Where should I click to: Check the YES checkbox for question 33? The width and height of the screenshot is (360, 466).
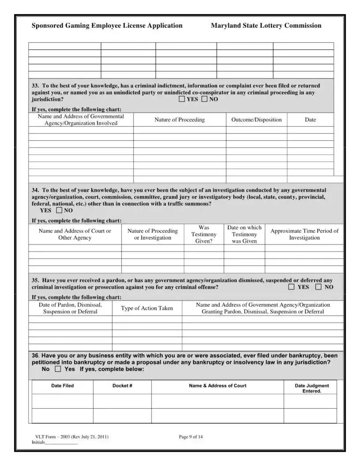coord(182,99)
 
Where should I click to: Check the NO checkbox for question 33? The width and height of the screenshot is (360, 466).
coord(204,99)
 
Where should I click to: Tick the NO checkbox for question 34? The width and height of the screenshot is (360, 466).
coord(60,210)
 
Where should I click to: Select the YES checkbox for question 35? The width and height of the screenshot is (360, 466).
coord(292,287)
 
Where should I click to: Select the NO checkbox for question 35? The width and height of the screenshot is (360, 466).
coord(319,287)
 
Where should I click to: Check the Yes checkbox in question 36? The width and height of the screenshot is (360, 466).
coord(58,369)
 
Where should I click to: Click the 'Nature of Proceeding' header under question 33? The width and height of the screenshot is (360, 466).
coord(180,120)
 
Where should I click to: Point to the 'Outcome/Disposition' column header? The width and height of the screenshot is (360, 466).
coord(256,120)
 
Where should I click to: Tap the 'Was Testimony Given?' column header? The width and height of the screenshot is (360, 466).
coord(204,234)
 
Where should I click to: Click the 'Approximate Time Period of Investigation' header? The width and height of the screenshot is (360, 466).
coord(304,234)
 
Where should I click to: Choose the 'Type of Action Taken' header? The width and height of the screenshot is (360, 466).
coord(147,308)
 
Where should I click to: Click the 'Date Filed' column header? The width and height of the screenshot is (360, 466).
coord(63,386)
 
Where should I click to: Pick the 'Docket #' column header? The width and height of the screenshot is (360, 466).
coord(122,386)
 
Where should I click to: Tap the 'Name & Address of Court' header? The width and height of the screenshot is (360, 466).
coord(217,386)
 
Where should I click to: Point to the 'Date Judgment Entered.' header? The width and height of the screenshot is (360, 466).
coord(312,388)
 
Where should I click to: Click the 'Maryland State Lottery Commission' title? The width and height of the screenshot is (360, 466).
coord(266,26)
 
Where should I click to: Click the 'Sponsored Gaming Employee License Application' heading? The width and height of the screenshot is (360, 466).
coord(107,26)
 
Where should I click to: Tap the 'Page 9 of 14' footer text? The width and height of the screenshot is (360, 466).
coord(191,437)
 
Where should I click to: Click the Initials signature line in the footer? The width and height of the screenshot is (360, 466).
coord(61,443)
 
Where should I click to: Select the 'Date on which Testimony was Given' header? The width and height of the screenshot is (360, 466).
coord(244,234)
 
